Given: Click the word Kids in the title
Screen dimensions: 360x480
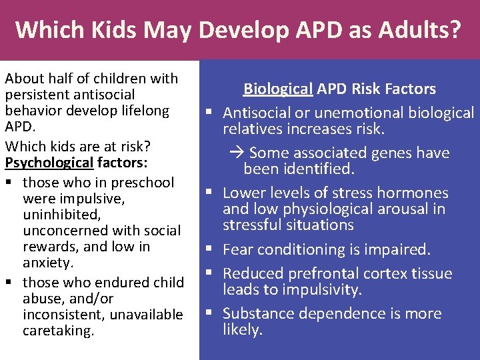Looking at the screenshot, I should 109,30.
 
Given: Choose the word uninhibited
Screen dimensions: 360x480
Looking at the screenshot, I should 61,215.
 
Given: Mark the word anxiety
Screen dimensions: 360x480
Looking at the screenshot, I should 47,263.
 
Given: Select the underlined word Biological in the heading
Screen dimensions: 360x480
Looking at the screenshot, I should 278,89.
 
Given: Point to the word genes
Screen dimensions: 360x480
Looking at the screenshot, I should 386,153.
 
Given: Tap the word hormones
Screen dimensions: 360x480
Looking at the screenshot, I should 416,193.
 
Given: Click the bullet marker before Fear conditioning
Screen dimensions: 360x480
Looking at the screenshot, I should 210,250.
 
